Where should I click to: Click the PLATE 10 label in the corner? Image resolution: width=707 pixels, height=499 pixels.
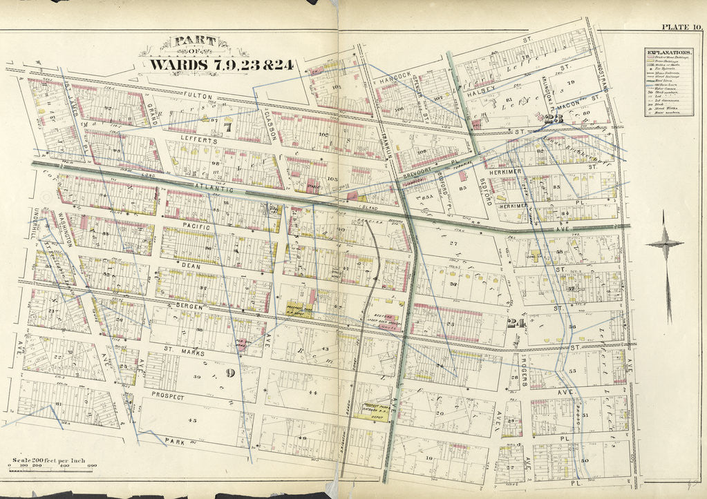681,27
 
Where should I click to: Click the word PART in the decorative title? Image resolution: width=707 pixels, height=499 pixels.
194,43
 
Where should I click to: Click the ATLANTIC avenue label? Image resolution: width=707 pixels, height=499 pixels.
214,187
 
